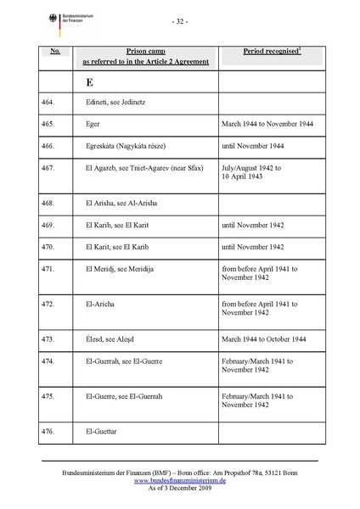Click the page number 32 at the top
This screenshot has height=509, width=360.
(181, 21)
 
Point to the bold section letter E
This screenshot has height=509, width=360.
(89, 84)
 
